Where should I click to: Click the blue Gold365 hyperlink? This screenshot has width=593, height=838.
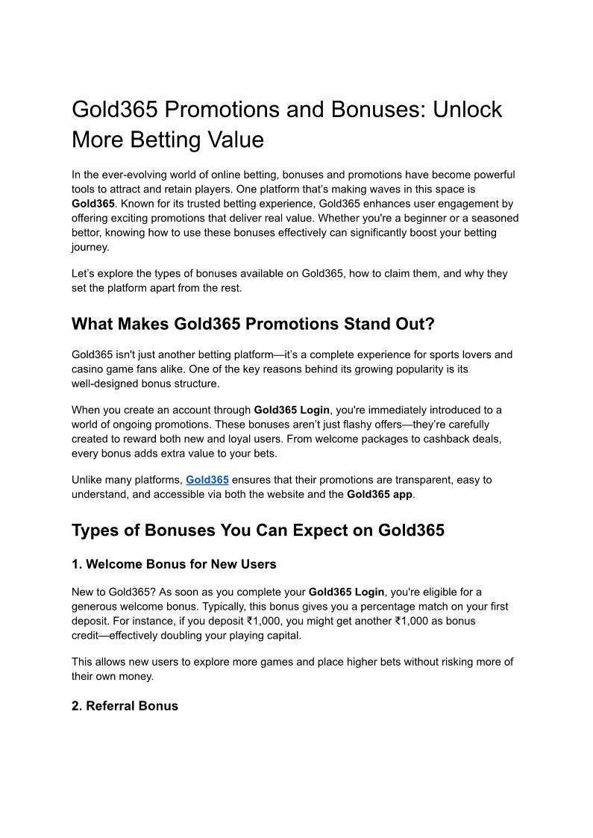pyautogui.click(x=207, y=480)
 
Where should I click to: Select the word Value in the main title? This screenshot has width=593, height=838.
pyautogui.click(x=233, y=140)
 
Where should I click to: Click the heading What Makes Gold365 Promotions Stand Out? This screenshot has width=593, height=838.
pyautogui.click(x=253, y=324)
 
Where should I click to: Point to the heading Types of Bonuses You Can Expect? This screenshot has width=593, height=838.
pyautogui.click(x=258, y=531)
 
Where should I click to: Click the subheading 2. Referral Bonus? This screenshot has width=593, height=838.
pyautogui.click(x=125, y=706)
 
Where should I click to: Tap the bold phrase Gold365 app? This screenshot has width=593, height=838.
pyautogui.click(x=380, y=494)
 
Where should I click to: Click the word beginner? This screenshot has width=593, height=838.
pyautogui.click(x=408, y=218)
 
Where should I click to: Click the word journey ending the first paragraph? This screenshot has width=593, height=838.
pyautogui.click(x=90, y=247)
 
